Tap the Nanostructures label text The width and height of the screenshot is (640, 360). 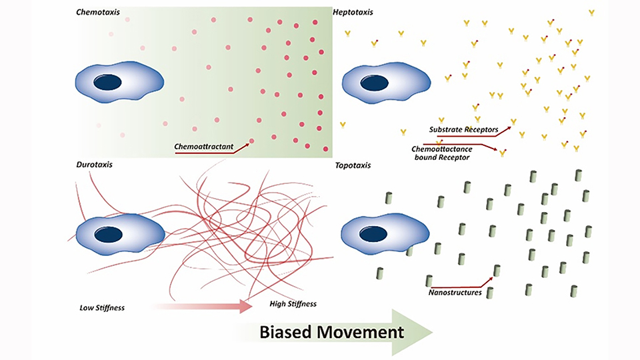455,291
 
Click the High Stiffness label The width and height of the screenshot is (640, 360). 293,304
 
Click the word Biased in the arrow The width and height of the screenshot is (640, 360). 284,332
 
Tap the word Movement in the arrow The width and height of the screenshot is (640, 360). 359,332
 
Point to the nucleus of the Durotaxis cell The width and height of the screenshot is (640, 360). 108,234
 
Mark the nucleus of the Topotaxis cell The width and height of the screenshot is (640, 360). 369,234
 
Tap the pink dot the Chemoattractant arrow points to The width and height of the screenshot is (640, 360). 251,141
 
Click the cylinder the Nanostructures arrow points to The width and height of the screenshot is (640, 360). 496,271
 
